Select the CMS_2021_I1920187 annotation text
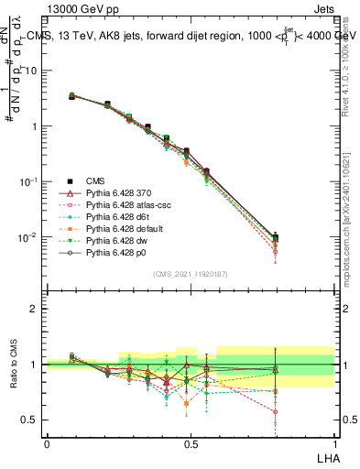190,274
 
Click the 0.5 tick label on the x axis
190,444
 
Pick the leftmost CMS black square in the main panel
72,96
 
